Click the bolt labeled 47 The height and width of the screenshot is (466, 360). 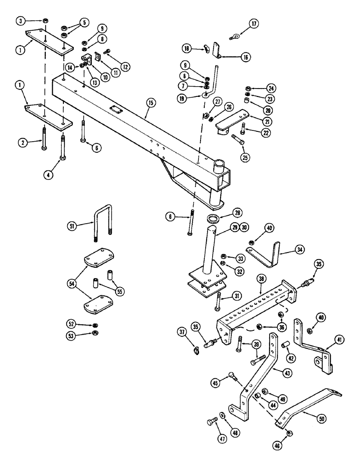pos(211,423)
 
